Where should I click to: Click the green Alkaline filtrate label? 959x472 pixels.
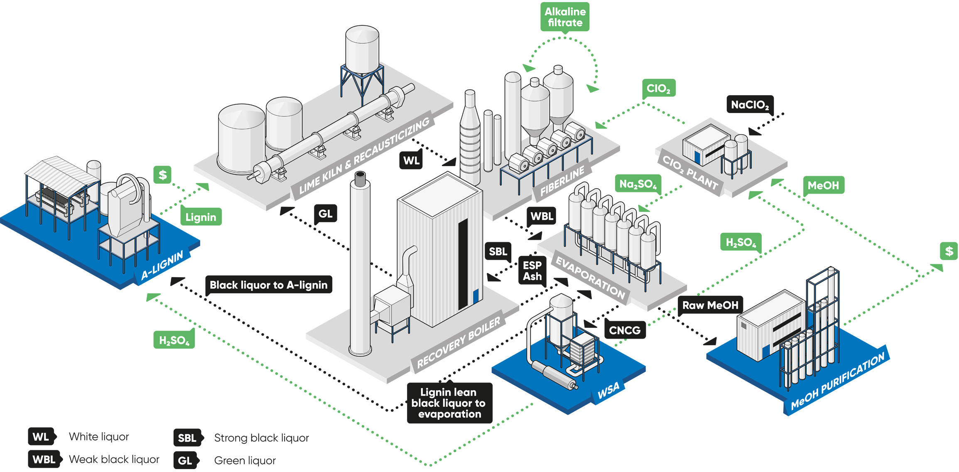point(565,17)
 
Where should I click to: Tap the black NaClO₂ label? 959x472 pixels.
point(750,105)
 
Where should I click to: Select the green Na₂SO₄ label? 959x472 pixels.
point(638,184)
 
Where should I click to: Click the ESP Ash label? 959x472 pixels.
point(532,271)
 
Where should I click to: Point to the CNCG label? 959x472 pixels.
point(625,330)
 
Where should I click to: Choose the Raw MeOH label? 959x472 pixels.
point(710,305)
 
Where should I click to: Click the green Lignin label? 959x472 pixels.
point(201,217)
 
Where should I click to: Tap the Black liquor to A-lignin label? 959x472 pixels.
point(269,285)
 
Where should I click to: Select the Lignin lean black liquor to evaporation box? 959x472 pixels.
point(449,403)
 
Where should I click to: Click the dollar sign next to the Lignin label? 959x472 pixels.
point(162,175)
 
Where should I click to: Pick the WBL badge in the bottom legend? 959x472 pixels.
point(44,459)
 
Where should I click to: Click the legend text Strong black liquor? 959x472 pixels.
point(262,438)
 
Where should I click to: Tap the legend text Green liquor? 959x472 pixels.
point(245,460)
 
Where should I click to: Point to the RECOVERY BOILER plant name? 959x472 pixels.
point(458,343)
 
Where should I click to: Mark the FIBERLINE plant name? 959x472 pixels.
point(562,180)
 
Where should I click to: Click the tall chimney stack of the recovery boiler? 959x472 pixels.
point(360,264)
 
